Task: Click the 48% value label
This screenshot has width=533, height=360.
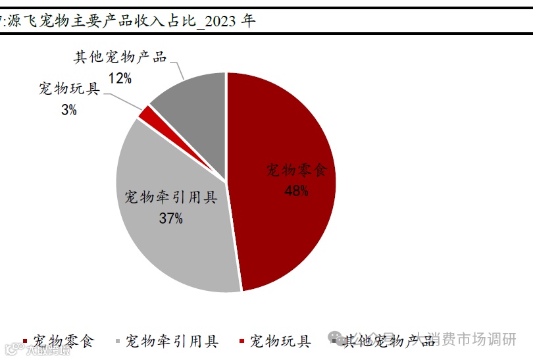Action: (296, 191)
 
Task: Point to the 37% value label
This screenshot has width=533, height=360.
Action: (170, 219)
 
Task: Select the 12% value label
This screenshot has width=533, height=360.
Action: (120, 79)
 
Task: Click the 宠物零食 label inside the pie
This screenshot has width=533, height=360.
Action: (296, 170)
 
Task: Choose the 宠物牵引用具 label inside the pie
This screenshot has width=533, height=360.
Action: (170, 197)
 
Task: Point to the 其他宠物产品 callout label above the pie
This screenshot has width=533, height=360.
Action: (120, 57)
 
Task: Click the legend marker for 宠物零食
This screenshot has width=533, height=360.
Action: (26, 342)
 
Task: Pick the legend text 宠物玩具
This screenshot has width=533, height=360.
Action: (280, 341)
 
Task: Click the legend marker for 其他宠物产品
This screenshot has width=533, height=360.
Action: (335, 342)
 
